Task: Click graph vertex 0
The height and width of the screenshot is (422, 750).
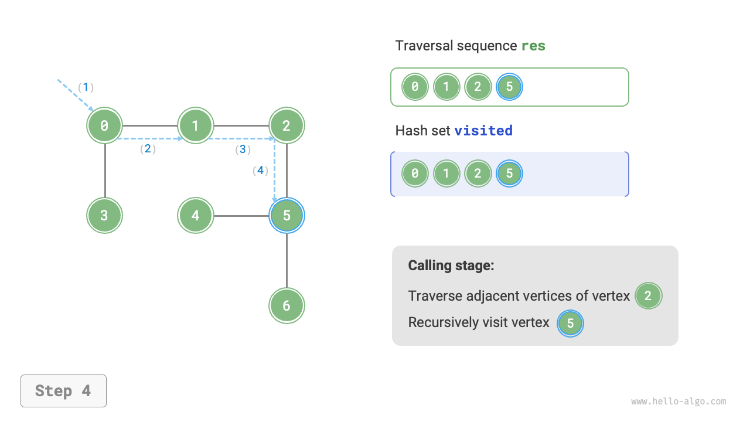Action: pos(104,125)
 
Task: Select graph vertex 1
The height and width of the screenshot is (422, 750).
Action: pos(196,125)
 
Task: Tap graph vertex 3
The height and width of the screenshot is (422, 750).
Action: pos(104,215)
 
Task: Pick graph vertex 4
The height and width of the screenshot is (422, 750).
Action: pos(196,215)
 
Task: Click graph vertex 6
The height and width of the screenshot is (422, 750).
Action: pos(287,305)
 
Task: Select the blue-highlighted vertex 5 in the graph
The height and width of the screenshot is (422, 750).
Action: pos(287,215)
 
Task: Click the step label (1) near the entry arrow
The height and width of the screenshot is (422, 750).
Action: pos(86,87)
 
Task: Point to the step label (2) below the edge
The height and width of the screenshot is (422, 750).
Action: pos(148,149)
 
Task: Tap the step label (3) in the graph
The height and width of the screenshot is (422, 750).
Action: pos(242,149)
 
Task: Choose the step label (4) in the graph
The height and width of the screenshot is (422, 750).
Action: pos(260,171)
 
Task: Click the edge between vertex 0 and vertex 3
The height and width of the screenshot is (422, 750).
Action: pos(104,170)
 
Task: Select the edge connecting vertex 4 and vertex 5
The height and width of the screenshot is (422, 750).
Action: pos(241,216)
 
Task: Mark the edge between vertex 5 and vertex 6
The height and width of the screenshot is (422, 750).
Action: pos(287,260)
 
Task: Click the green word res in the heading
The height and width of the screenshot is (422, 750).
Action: pos(533,46)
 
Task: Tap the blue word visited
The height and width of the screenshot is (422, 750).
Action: pos(483,131)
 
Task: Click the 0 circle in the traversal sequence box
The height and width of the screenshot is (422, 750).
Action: pos(415,87)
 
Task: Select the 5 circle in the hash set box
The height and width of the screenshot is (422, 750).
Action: pos(509,173)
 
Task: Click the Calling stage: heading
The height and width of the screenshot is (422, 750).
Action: pos(451,266)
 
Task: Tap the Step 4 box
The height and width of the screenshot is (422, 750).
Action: pos(63,391)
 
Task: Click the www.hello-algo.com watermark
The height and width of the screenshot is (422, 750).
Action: pos(679,401)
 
